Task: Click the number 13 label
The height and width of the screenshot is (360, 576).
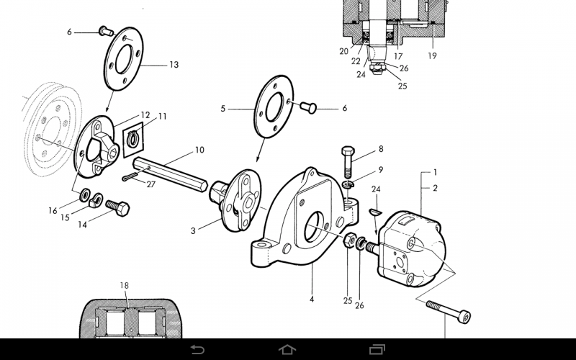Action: coord(174,65)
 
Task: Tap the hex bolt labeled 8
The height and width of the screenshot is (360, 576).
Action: coord(346,162)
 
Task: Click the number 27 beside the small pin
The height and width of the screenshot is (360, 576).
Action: coord(150,184)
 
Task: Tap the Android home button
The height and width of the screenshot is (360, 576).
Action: coord(287,349)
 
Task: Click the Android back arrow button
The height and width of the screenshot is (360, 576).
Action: coord(197,349)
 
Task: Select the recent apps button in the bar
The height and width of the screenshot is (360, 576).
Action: coord(378,349)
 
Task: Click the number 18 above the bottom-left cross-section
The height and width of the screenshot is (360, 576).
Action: coord(124,286)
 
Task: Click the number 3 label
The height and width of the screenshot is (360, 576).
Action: coord(193,230)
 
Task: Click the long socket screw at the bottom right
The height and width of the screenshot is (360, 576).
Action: coord(451,311)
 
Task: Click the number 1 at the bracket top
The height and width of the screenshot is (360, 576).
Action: coord(435,173)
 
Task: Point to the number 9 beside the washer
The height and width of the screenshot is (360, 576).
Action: coord(380,170)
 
